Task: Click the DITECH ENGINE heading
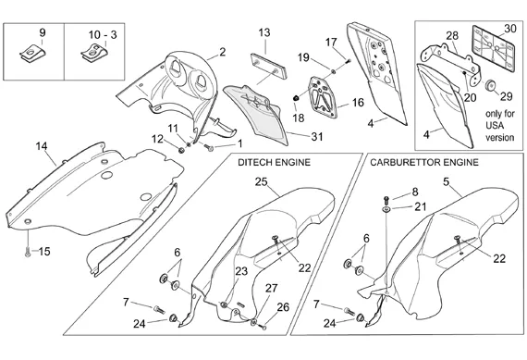[x=274, y=163]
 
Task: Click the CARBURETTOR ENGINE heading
[x=424, y=163]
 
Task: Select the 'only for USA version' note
[x=500, y=126]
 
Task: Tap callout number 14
[x=42, y=146]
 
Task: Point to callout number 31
[x=317, y=137]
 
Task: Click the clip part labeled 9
[x=32, y=54]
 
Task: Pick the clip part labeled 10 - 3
[x=95, y=54]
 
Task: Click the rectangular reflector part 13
[x=269, y=66]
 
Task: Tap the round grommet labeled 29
[x=491, y=85]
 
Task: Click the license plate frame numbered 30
[x=494, y=49]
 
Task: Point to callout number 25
[x=261, y=182]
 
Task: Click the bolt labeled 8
[x=386, y=200]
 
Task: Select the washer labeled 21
[x=386, y=210]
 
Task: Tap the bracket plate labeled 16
[x=323, y=97]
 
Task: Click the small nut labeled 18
[x=296, y=98]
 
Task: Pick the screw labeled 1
[x=209, y=147]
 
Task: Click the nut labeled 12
[x=181, y=150]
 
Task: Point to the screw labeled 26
[x=263, y=327]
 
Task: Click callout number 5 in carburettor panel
[x=446, y=182]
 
